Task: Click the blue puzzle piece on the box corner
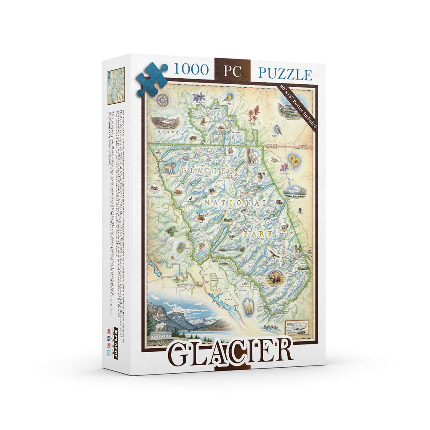(151, 80)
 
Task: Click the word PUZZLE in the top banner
(285, 74)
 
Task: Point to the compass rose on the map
(163, 100)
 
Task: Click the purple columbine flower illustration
(199, 97)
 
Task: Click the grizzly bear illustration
(274, 278)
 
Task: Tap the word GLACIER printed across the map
(208, 171)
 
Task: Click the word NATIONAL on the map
(235, 202)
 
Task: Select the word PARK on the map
(258, 234)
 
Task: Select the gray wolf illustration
(169, 167)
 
